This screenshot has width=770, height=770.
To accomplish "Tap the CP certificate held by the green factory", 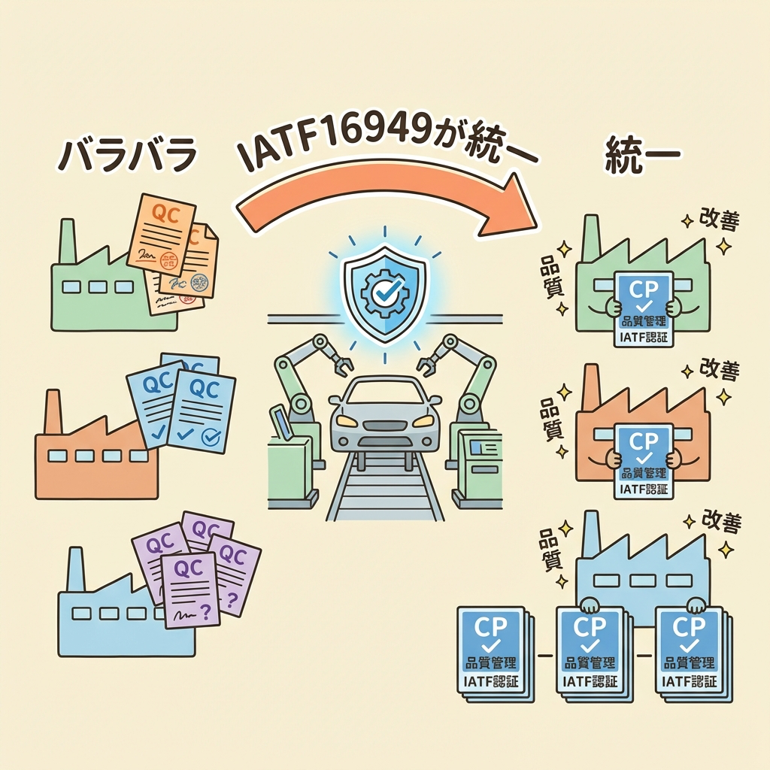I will [643, 308].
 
